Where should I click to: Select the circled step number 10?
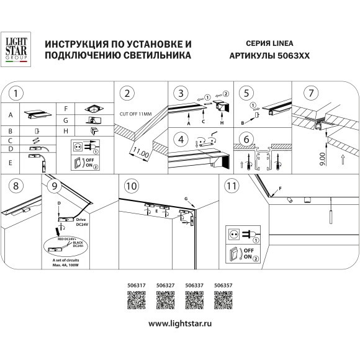[x=131, y=186]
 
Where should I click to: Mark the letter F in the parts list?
[x=66, y=109]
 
